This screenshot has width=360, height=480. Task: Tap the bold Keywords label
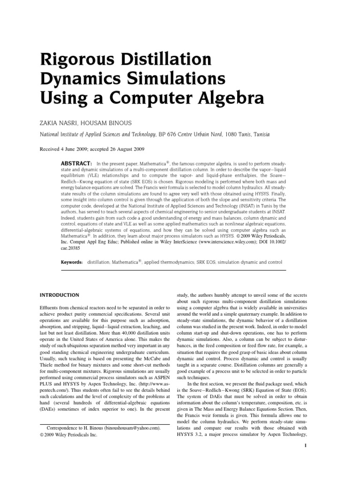72,262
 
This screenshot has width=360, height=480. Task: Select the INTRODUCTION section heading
59,295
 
